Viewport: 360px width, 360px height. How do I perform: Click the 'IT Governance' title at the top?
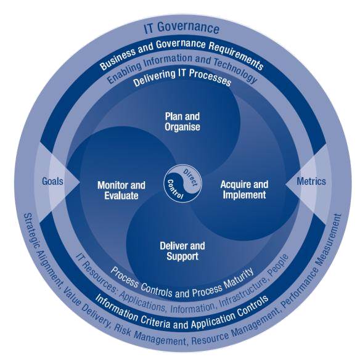coord(182,27)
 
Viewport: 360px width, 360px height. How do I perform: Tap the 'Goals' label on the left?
coord(52,181)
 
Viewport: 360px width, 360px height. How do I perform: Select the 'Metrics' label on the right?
coord(311,181)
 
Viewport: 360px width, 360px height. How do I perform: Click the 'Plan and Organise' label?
coord(182,121)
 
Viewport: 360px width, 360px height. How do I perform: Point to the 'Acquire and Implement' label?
coord(244,190)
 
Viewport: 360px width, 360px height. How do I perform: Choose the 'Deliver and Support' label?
coord(182,251)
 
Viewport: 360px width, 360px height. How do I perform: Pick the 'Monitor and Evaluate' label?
coord(121,190)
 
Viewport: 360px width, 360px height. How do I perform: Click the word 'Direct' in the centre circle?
coord(190,178)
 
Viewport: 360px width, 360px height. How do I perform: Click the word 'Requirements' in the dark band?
coord(237,55)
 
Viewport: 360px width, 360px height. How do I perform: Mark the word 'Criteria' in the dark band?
coord(156,321)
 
